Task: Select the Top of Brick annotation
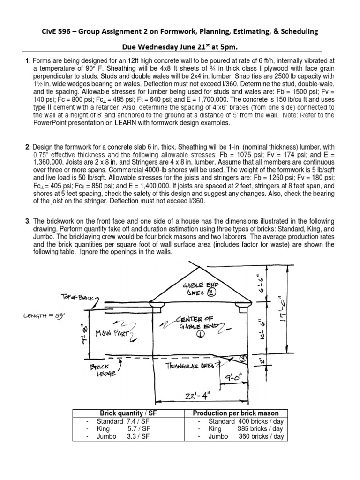click(x=78, y=297)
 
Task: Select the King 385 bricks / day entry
click(x=240, y=428)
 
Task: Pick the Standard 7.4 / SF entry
click(x=123, y=421)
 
